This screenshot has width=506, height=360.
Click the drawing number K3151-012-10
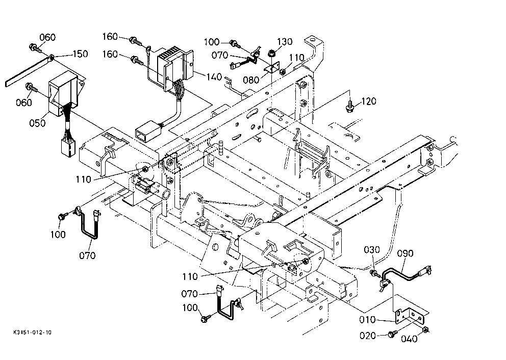point(32,332)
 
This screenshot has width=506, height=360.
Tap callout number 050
point(37,123)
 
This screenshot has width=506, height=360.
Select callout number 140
point(214,77)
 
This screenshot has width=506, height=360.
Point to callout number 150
point(80,54)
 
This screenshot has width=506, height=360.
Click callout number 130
point(285,42)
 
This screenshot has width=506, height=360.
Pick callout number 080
point(251,80)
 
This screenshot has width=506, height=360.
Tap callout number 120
point(368,101)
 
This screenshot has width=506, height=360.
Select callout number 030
point(372,250)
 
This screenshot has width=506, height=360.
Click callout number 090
point(405,253)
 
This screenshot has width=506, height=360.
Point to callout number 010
point(368,320)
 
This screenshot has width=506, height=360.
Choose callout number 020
point(368,336)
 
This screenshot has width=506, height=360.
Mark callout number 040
point(409,339)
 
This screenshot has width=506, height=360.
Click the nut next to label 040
point(426,330)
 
